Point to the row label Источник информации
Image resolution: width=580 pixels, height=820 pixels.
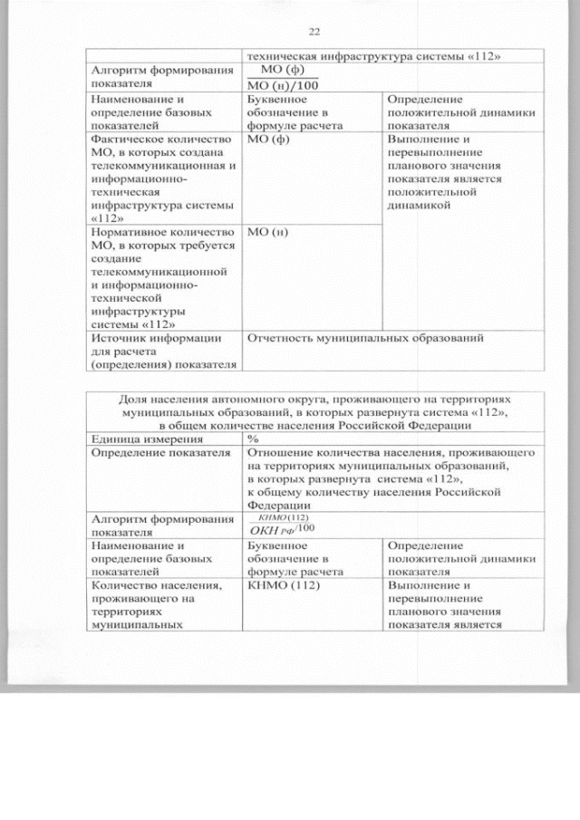pos(155,338)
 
